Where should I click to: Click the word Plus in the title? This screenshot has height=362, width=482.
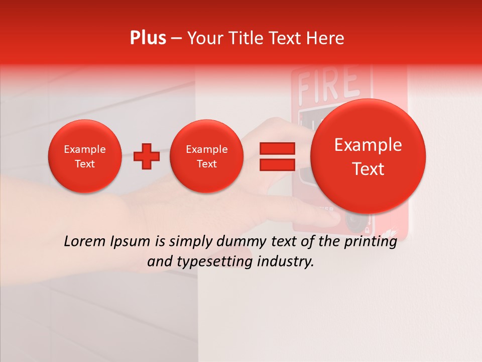point(148,38)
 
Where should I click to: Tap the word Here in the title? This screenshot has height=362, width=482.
point(325,38)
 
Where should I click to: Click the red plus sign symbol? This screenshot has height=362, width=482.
point(146,156)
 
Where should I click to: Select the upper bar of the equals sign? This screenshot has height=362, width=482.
point(277,148)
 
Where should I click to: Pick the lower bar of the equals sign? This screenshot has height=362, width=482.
point(277,165)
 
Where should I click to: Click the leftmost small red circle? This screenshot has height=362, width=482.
point(84,156)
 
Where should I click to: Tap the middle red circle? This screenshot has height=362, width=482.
point(206,156)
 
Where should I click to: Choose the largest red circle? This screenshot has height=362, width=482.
point(368,156)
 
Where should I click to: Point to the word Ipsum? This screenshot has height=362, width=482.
point(132,242)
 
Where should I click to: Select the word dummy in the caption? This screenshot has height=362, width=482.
point(239,242)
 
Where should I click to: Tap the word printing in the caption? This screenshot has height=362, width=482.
point(369,242)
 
